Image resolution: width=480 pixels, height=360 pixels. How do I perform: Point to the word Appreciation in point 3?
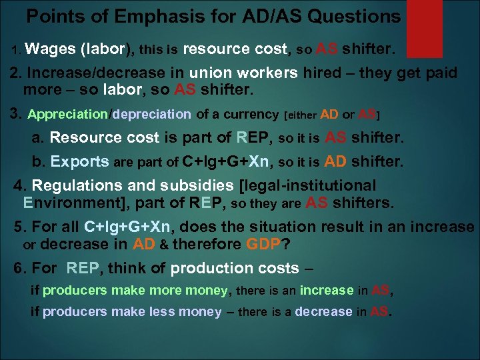67,114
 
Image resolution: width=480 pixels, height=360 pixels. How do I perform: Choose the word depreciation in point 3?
152,114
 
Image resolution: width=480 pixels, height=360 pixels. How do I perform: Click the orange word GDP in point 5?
263,244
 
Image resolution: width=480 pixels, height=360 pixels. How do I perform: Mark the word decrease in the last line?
323,311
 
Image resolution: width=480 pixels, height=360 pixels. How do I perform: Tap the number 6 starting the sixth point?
18,268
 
